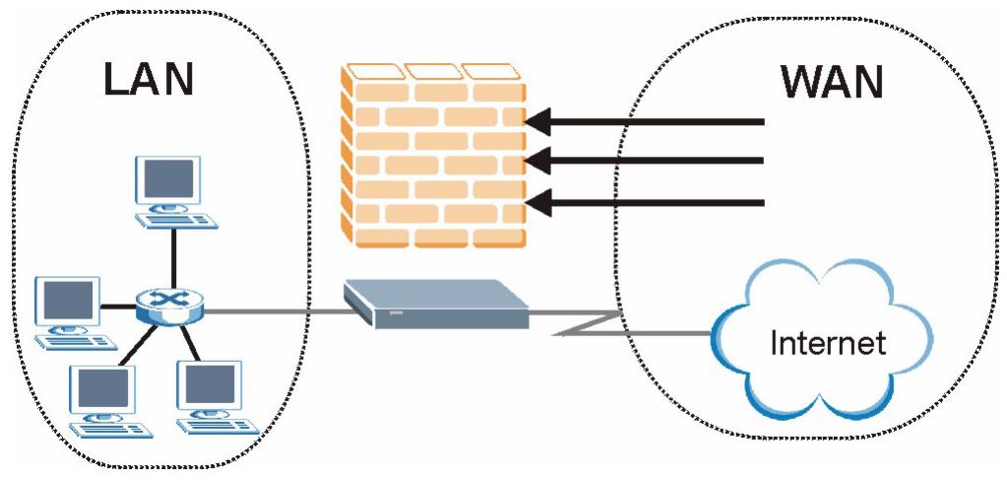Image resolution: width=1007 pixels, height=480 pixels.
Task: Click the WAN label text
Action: coord(832,83)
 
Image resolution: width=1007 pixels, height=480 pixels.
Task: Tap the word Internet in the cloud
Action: coord(828,343)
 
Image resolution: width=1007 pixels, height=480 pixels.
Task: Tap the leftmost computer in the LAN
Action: coord(70,310)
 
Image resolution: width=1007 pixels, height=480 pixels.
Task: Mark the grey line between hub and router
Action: coord(276,312)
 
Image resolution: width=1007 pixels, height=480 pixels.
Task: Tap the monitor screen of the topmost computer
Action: coord(173,178)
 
